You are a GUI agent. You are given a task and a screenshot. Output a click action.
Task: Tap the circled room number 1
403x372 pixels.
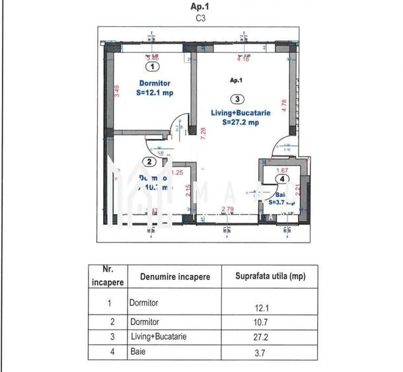153,66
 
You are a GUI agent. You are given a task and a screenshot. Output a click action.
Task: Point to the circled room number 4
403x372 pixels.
282,178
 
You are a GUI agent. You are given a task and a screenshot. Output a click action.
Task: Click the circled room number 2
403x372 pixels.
150,161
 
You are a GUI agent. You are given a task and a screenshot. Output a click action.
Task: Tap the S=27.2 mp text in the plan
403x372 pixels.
240,122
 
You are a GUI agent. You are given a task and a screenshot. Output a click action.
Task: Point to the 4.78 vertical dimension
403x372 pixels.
284,106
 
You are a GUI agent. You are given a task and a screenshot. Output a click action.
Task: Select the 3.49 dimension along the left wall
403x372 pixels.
117,91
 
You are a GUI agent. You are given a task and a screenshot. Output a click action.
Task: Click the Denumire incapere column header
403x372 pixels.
175,277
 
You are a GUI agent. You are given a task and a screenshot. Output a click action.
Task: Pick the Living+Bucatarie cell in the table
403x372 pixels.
159,337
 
